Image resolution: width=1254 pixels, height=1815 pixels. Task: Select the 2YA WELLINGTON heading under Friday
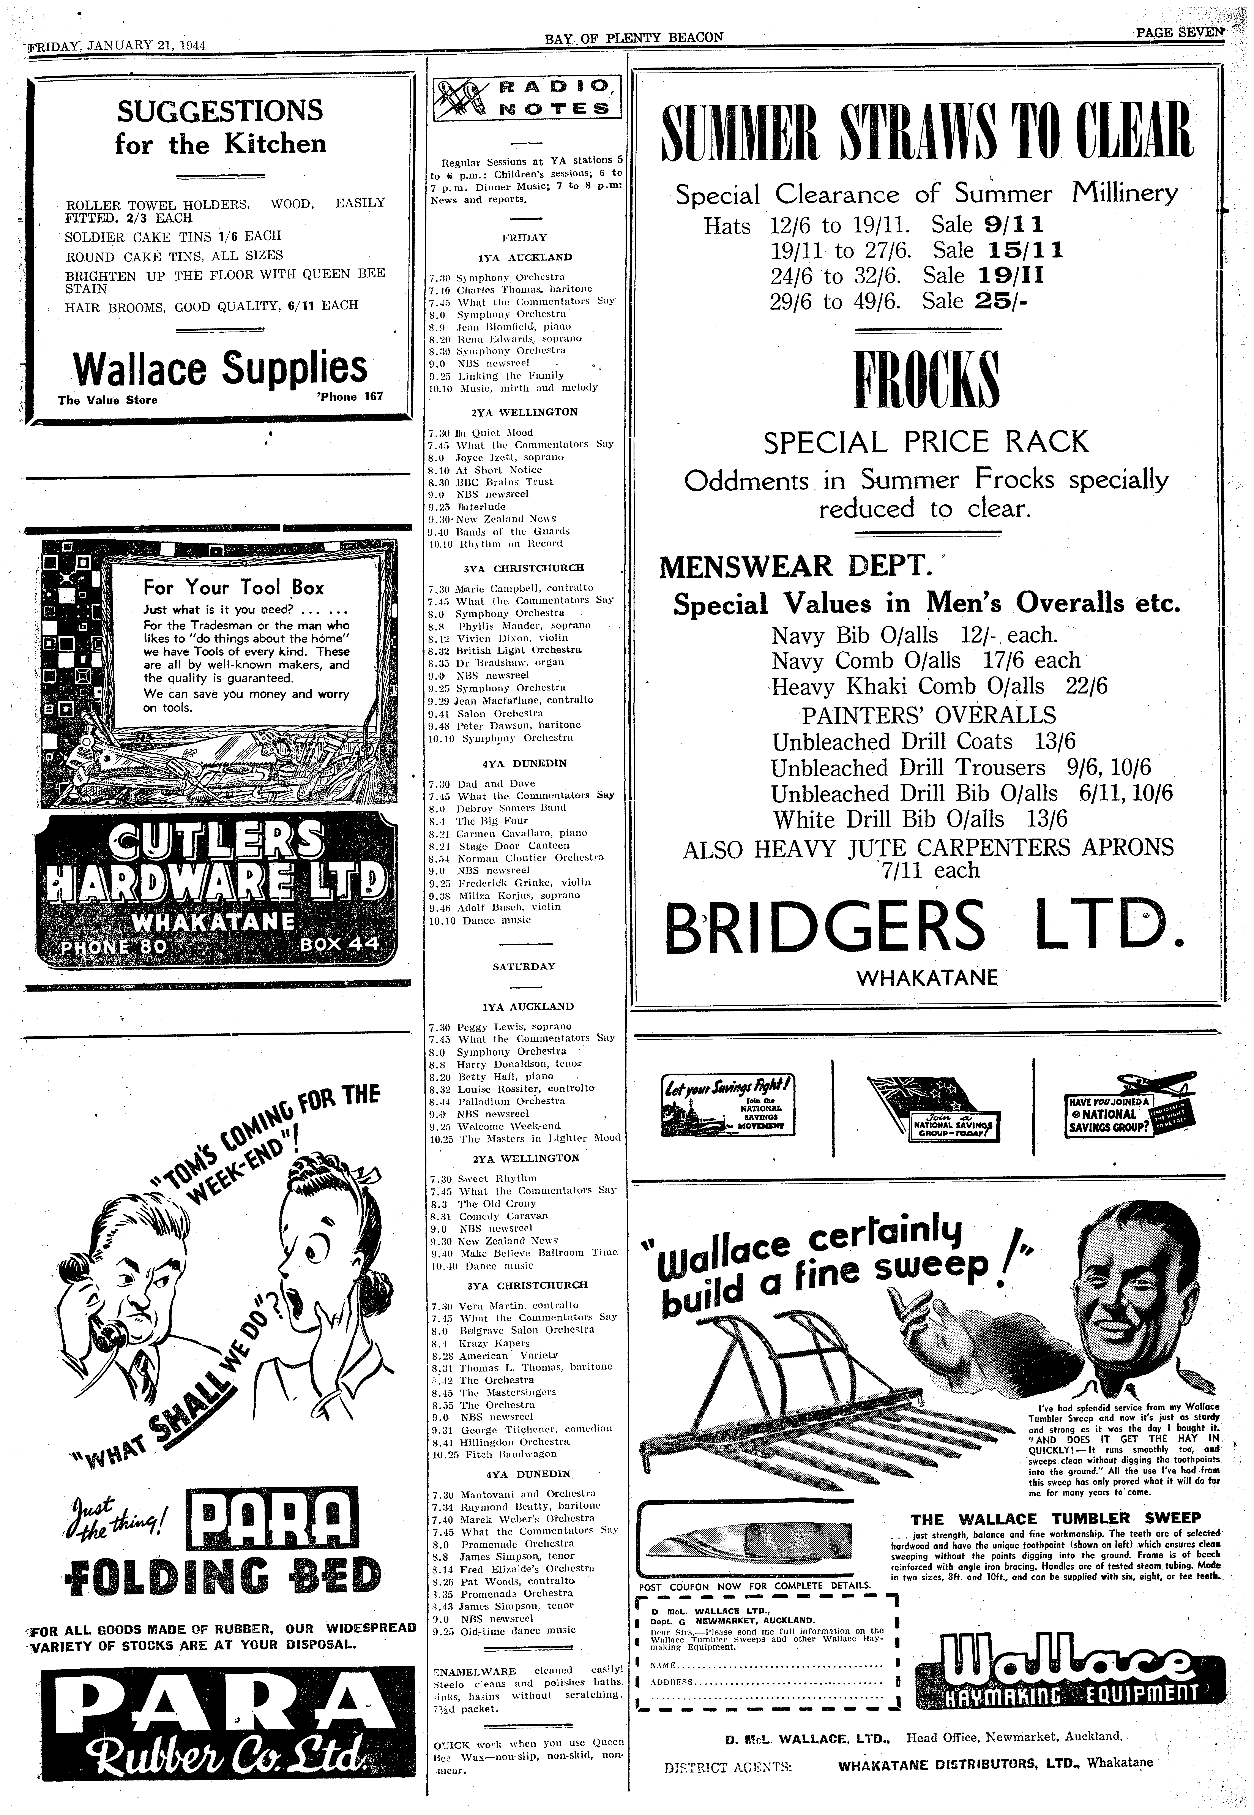pyautogui.click(x=524, y=412)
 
